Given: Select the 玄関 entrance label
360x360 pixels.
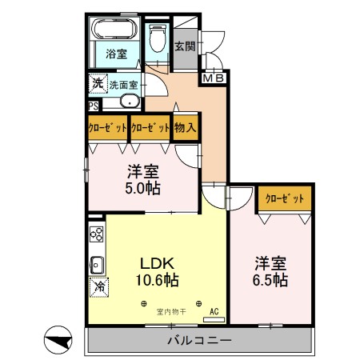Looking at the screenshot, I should (185, 46).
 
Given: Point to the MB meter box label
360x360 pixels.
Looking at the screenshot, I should (213, 78).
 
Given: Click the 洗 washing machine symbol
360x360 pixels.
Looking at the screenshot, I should (96, 82).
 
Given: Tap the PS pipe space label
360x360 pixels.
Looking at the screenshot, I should (94, 105).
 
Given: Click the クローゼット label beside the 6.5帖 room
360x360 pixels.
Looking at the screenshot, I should (284, 198).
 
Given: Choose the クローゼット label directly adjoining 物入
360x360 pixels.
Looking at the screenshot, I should (150, 127).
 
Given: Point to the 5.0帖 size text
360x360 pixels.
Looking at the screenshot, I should (143, 189).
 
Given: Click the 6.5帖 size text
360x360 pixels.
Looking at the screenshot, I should (271, 280).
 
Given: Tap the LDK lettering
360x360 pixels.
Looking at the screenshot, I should (158, 263).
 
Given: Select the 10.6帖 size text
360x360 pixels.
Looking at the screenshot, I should (157, 280).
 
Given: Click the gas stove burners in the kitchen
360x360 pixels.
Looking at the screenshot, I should (96, 234).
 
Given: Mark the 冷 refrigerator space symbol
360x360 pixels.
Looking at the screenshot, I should (99, 286).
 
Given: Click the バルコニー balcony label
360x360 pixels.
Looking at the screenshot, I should (199, 341).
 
